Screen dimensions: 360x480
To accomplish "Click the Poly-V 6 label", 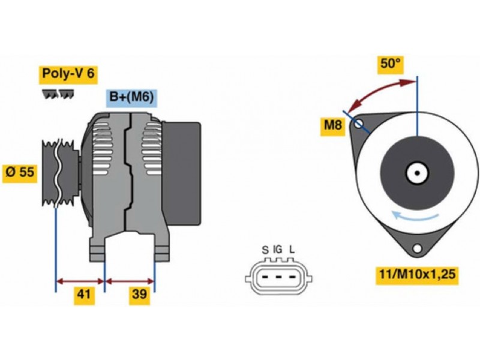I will (68, 74).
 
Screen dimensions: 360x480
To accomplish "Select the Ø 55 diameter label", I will (20, 173).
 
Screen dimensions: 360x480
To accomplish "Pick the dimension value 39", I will (139, 295).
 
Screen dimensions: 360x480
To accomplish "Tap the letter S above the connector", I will (265, 250).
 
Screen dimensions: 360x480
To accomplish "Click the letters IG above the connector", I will (278, 250).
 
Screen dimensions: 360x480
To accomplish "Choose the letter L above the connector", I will (292, 250).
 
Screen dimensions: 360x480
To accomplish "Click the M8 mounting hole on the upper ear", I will (359, 124).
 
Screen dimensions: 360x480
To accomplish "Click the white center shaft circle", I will (415, 173).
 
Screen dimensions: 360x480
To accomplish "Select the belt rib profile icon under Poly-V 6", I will (58, 94).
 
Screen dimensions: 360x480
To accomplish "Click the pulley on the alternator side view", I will (58, 173).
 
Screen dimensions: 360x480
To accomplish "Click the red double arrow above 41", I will (80, 280).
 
